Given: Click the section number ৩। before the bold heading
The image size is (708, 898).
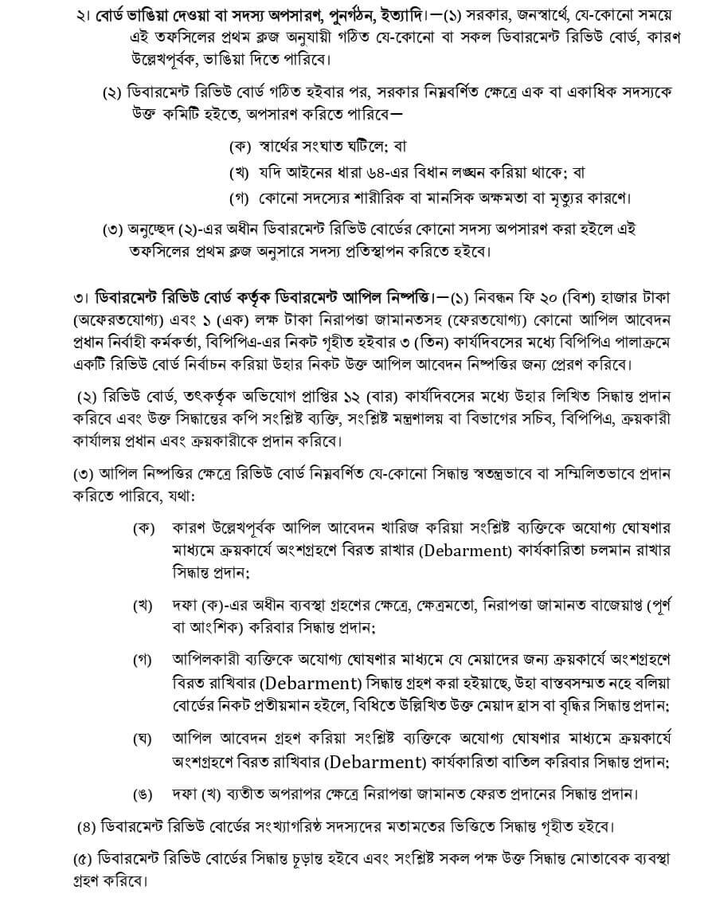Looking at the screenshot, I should (x=81, y=299).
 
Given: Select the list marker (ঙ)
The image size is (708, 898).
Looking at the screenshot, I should (x=143, y=793).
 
